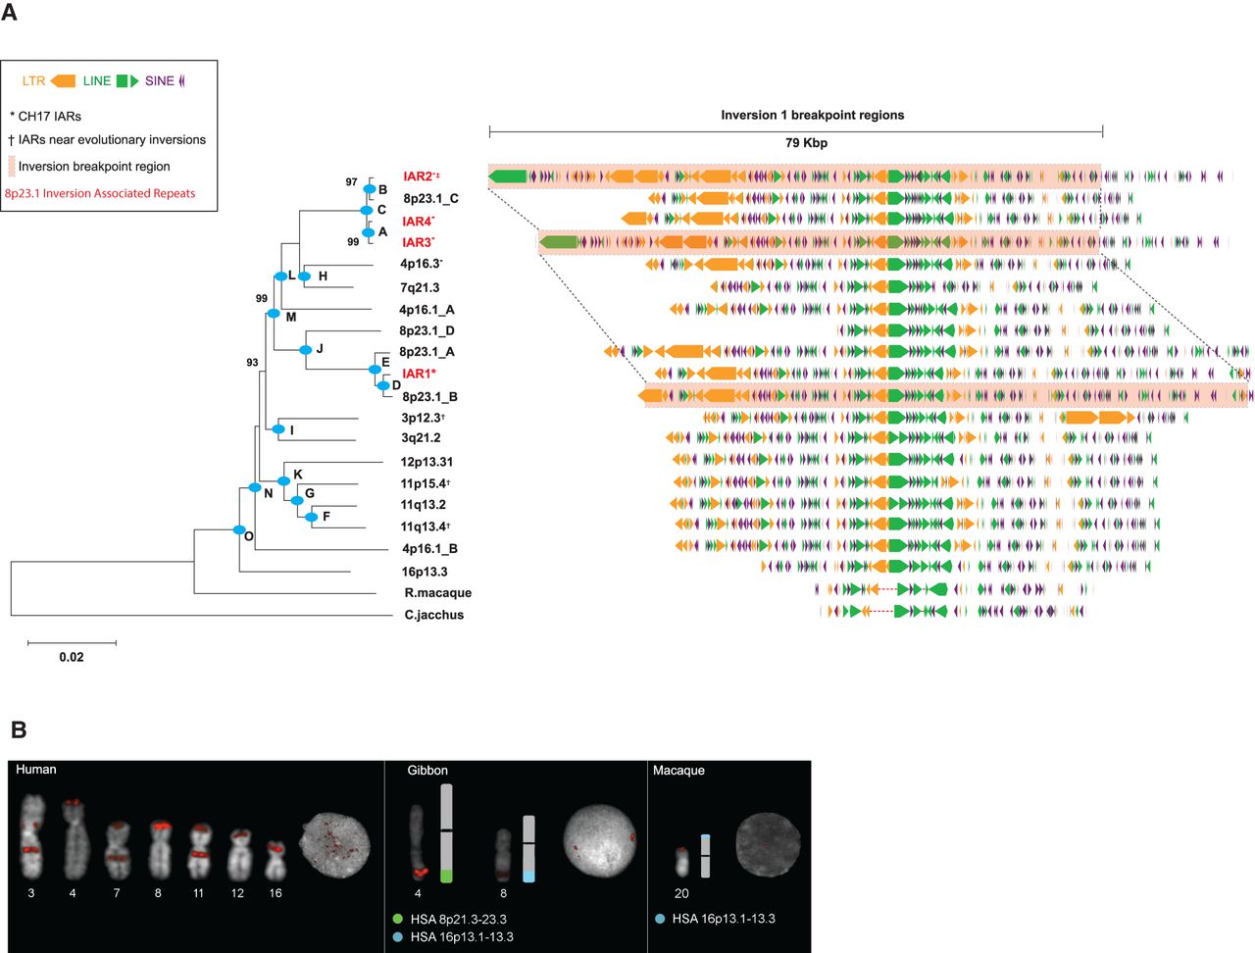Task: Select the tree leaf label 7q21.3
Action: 420,287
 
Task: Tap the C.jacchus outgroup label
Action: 434,615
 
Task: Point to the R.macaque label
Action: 437,593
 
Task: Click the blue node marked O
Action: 239,530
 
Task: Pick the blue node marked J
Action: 306,349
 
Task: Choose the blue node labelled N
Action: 255,487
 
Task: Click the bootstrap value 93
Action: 252,363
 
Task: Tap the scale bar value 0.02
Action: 72,657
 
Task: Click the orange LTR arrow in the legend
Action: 63,81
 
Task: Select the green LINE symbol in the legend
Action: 127,81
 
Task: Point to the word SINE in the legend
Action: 159,81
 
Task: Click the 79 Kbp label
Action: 806,143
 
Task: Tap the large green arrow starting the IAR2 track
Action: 508,176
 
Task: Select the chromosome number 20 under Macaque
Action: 681,893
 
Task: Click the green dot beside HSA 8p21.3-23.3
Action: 397,920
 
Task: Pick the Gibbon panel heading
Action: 427,771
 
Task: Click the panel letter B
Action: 19,729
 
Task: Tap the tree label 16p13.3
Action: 425,572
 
